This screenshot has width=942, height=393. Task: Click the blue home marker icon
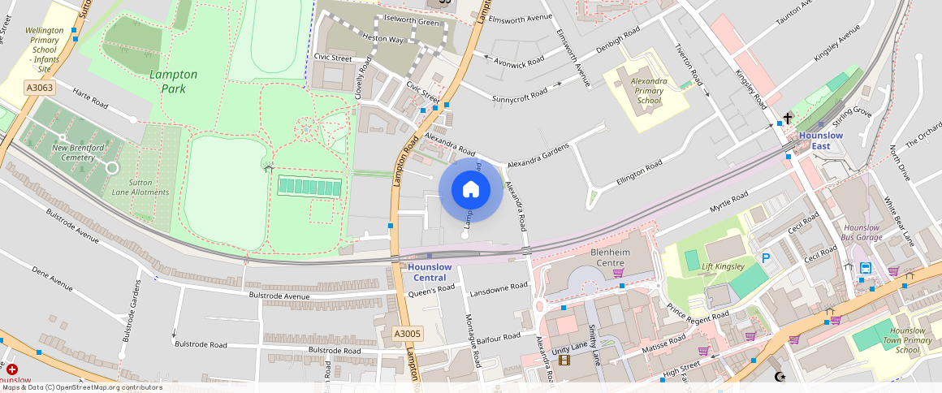470,190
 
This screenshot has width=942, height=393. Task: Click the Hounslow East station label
820,140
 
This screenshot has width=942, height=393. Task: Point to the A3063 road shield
39,87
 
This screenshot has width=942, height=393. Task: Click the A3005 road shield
407,334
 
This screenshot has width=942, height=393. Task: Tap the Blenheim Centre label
610,257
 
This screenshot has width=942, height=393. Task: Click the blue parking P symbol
765,258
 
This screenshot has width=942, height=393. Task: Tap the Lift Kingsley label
723,266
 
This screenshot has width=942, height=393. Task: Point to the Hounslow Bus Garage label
862,232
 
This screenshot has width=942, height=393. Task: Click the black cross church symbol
787,119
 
